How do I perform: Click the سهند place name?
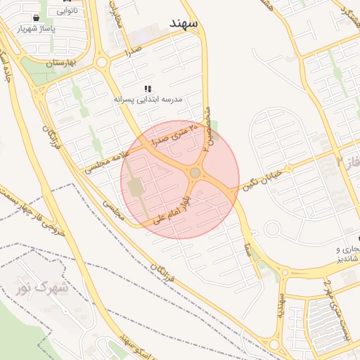click(185, 23)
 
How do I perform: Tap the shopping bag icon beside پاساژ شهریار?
click(36, 18)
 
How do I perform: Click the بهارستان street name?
click(60, 64)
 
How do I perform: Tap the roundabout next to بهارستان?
click(102, 62)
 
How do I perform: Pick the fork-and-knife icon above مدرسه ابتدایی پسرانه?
click(148, 89)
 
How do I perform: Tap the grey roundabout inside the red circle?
click(195, 172)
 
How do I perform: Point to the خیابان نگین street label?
click(262, 178)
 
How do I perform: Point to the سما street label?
click(247, 247)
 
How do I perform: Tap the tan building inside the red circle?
click(135, 188)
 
